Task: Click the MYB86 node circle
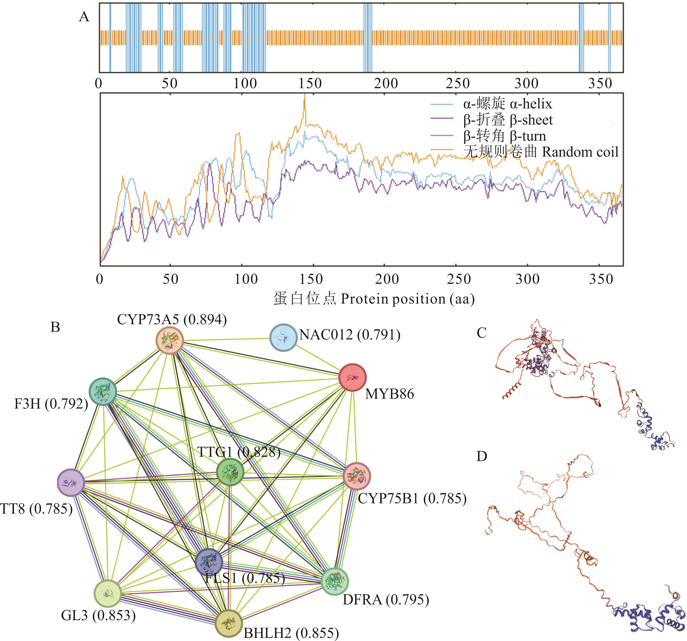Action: click(x=352, y=377)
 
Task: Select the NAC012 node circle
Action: click(x=283, y=337)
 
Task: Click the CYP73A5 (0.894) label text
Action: click(x=172, y=320)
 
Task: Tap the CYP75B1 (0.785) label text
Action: click(x=412, y=498)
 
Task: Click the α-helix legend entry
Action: click(x=507, y=104)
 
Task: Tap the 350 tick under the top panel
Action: click(x=600, y=83)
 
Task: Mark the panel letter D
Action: click(x=481, y=457)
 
